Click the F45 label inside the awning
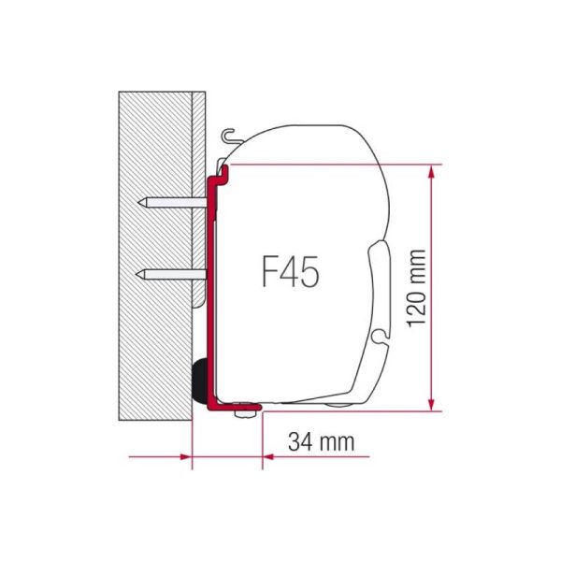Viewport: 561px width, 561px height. pyautogui.click(x=289, y=272)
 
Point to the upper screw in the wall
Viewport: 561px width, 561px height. pyautogui.click(x=174, y=202)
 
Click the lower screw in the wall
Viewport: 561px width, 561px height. pyautogui.click(x=174, y=273)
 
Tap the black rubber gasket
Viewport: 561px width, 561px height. pyautogui.click(x=199, y=378)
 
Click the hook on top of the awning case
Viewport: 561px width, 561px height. pyautogui.click(x=228, y=137)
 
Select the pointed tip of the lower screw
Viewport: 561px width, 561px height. pyautogui.click(x=139, y=273)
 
